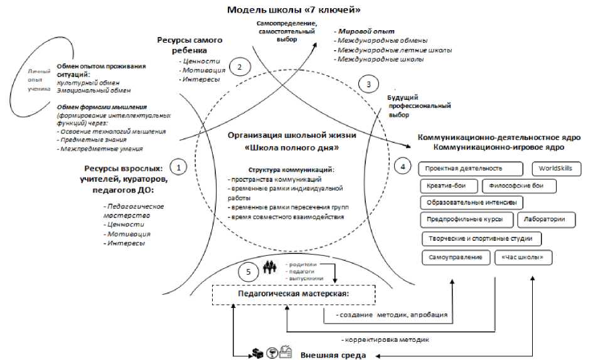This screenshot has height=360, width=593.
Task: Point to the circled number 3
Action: (368, 83)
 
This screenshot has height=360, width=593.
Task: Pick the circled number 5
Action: (248, 272)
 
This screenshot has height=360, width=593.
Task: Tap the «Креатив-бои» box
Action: (447, 186)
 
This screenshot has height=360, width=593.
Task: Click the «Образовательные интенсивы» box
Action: (471, 203)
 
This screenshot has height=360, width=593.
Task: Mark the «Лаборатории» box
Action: (545, 220)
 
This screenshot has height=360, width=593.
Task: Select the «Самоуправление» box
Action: (455, 257)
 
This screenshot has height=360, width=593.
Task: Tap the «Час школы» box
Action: (519, 257)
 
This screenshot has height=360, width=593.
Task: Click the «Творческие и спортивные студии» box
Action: (481, 238)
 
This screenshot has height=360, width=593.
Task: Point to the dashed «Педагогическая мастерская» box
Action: (294, 294)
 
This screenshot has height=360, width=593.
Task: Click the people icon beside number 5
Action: (270, 267)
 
